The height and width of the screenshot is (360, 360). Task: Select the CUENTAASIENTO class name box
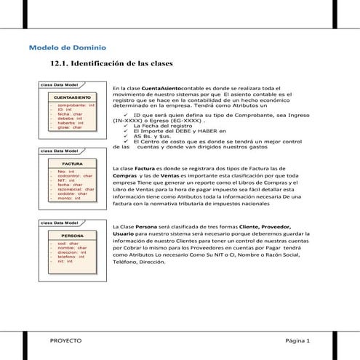click(72, 97)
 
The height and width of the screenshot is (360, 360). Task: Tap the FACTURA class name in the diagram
click(72, 164)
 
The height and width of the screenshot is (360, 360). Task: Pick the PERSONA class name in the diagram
click(72, 236)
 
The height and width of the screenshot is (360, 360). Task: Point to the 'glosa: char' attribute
click(69, 127)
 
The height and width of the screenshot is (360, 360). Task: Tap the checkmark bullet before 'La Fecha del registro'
click(127, 126)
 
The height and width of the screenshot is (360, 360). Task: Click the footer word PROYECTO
click(65, 340)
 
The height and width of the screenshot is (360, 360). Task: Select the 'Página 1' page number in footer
click(297, 340)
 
